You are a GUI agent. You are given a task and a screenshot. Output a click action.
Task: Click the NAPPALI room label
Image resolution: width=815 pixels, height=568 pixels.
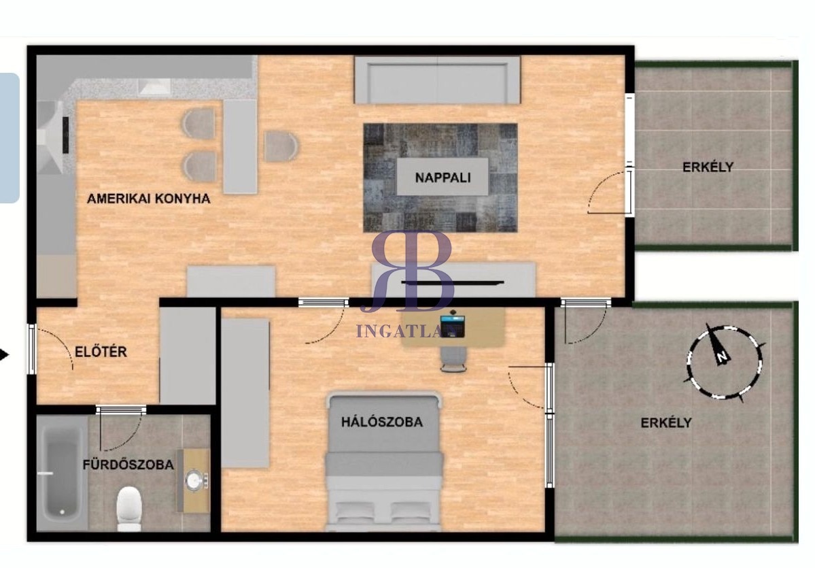[x=443, y=178]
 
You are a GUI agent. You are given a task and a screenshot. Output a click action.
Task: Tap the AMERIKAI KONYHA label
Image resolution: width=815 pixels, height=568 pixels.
[x=149, y=198]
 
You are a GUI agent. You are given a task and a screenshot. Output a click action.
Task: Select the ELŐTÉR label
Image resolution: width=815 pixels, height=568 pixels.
[x=101, y=352]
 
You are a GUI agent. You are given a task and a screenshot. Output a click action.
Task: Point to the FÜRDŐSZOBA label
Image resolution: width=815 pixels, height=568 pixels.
[x=128, y=465]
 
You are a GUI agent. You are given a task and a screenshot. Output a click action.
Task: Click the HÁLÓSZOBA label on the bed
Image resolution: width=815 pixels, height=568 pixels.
[x=382, y=422]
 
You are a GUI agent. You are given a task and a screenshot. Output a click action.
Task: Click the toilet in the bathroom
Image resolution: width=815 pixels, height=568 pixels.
[x=129, y=508]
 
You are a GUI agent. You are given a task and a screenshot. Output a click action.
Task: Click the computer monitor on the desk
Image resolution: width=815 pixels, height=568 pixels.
[x=452, y=325]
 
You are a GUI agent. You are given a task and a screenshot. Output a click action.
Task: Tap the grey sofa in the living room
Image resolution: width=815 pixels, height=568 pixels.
[x=438, y=80]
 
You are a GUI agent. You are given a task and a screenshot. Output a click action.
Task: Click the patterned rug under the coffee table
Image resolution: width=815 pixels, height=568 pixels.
[x=440, y=178]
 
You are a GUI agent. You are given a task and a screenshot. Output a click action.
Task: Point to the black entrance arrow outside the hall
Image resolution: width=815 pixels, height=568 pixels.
[x=4, y=355]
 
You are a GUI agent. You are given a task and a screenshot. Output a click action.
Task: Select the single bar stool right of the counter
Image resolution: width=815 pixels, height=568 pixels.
[x=281, y=146]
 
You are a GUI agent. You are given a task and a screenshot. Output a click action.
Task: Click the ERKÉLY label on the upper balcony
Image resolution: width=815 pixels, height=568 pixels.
[x=708, y=167]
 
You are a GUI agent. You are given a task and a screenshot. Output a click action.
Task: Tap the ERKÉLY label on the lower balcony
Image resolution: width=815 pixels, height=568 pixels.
[x=666, y=422]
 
